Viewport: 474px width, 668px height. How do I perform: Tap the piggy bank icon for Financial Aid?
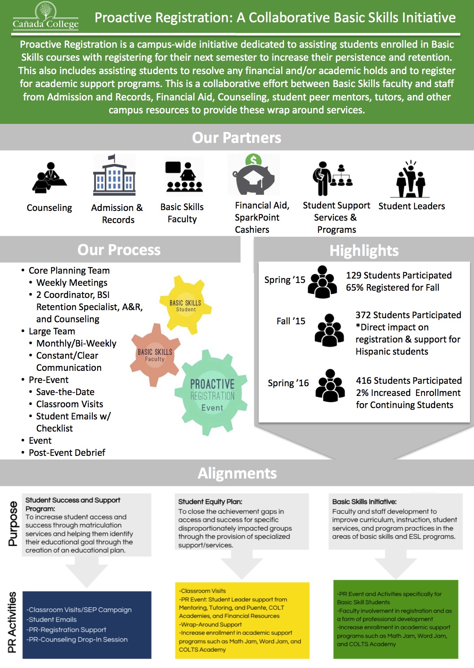point(254,177)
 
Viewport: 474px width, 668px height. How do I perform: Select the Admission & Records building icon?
point(114,176)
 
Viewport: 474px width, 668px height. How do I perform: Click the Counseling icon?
point(49,178)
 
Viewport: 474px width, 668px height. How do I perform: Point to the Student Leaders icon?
point(411,179)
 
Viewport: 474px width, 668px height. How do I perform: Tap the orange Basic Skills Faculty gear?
point(155,355)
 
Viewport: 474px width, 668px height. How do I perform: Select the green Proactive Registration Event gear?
point(212,394)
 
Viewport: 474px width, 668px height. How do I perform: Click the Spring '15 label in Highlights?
point(284,280)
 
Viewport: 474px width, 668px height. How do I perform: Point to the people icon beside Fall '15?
point(329,330)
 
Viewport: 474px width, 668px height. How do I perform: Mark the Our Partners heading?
point(237,138)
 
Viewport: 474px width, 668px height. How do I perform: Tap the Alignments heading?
point(237,473)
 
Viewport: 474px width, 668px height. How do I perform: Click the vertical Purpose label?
point(13,523)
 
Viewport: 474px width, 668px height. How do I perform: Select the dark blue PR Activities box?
point(87,625)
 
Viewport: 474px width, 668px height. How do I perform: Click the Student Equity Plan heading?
point(210,502)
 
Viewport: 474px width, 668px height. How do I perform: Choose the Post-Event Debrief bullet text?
point(67,453)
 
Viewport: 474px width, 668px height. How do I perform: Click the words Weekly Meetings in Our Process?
point(72,283)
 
